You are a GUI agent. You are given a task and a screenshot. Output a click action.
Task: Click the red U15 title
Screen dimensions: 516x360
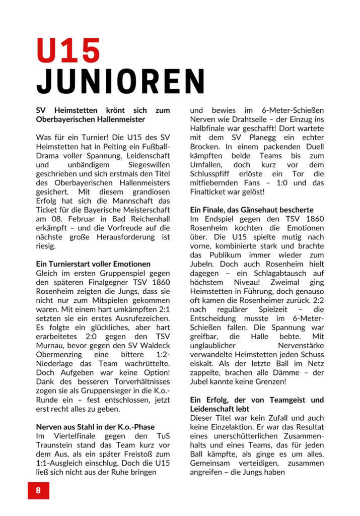point(68,50)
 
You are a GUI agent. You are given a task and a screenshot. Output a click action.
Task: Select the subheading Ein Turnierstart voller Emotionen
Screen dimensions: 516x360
point(93,264)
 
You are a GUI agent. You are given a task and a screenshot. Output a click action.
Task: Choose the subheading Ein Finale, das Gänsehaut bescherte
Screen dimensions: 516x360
point(252,210)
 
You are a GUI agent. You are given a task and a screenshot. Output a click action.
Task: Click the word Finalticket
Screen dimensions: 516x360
point(213,191)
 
